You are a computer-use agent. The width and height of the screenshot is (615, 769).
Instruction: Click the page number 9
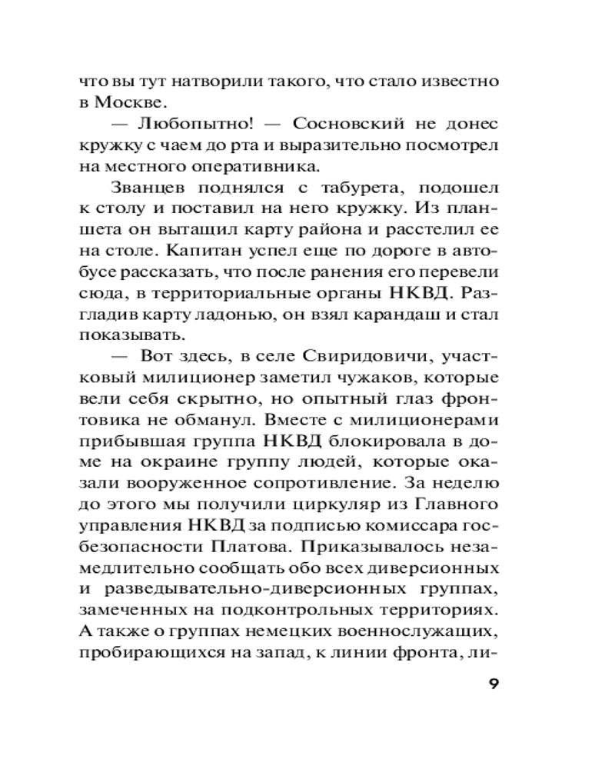(492, 684)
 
